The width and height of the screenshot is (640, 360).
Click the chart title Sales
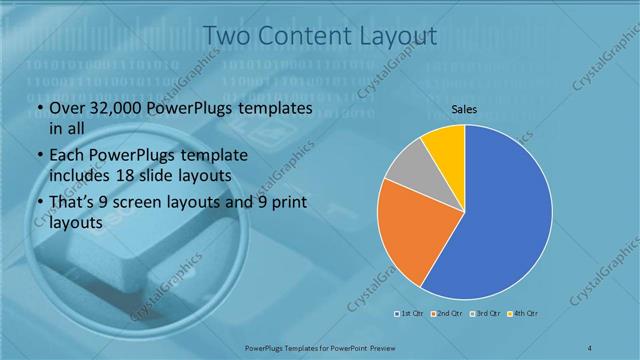pos(464,109)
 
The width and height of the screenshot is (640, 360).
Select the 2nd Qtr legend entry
pos(445,315)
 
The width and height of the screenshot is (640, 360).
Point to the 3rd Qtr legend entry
pos(483,315)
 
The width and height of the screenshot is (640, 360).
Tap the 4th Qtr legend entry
pos(522,315)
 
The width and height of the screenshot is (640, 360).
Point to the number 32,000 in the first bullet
pos(115,109)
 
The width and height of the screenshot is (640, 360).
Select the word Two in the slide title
pos(227,37)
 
